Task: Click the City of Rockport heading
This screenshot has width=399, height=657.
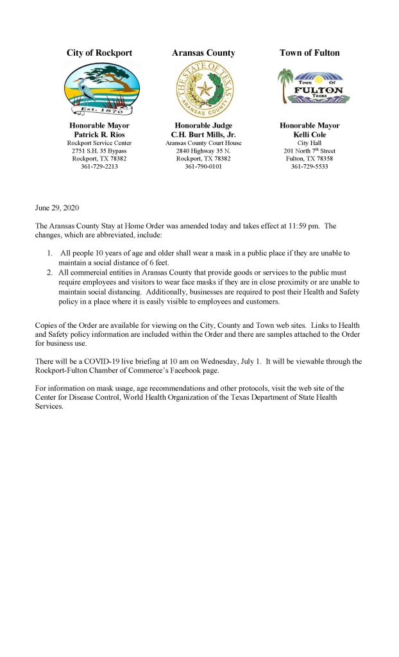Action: (99, 53)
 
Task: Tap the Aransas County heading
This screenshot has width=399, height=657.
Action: (203, 53)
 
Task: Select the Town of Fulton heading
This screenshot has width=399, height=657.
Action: (310, 53)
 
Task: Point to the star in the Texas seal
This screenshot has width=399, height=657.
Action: (205, 89)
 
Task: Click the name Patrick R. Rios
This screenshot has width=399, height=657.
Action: (99, 135)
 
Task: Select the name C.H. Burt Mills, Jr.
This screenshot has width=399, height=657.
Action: (204, 135)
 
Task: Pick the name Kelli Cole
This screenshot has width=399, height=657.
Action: (310, 135)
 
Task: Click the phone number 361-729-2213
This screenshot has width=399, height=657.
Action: (99, 166)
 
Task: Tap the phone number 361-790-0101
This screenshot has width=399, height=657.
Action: (204, 166)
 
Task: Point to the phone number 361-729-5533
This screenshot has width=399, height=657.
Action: (310, 166)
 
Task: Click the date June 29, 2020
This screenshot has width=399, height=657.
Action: (58, 209)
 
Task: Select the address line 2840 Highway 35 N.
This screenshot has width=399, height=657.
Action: (204, 151)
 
